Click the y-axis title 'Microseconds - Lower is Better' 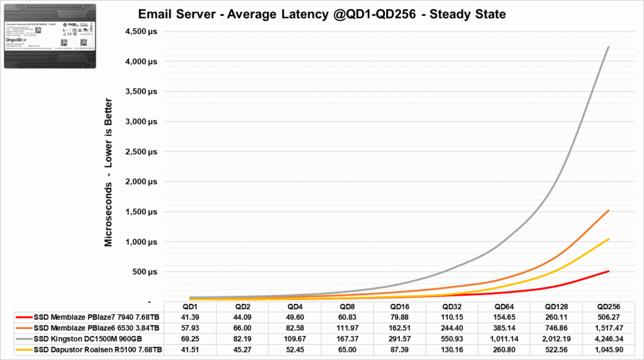pos(109,172)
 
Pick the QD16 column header pos(401,307)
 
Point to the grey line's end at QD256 pos(608,47)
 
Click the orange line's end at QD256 pos(608,210)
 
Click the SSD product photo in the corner pos(52,36)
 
